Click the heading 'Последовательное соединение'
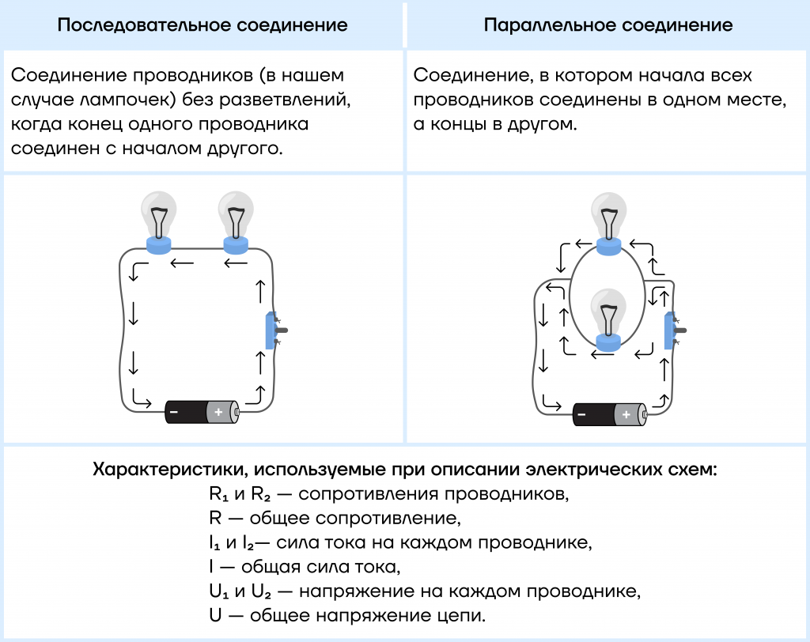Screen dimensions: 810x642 point(202,25)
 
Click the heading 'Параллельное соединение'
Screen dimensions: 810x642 point(608,25)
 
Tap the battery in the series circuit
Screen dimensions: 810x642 point(202,412)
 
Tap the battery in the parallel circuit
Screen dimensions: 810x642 point(610,414)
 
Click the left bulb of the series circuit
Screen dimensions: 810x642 point(159,223)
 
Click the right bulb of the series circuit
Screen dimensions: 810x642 point(236,223)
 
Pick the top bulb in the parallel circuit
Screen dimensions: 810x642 point(609,224)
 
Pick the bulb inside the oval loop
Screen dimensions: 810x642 point(608,320)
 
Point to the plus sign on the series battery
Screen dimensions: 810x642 point(218,412)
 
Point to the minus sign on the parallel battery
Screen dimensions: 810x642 point(581,414)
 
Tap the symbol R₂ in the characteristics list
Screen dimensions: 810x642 point(261,494)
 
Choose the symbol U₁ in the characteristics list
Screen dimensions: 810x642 point(219,591)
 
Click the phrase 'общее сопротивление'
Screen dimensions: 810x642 point(355,518)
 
